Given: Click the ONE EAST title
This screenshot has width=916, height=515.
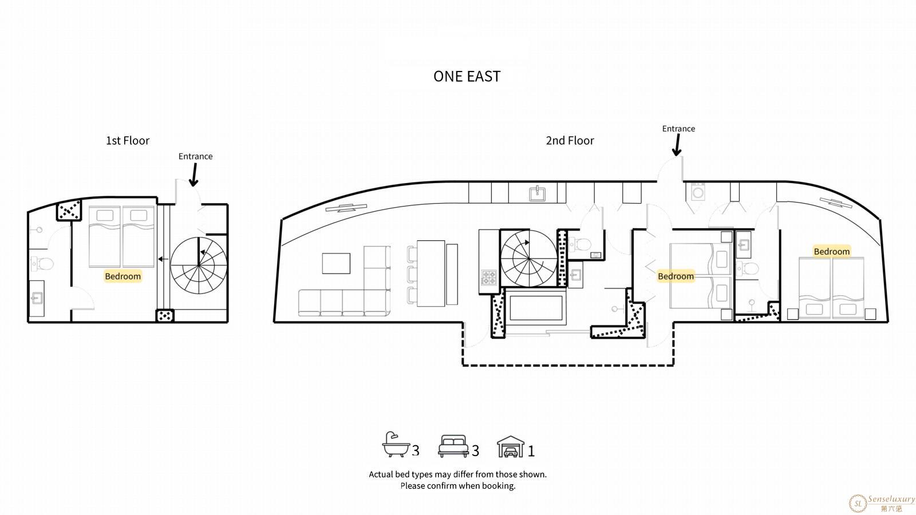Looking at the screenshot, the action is (467, 77).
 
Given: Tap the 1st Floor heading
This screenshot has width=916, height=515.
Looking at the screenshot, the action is (128, 141).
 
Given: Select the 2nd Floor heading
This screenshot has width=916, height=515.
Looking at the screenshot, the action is (570, 141).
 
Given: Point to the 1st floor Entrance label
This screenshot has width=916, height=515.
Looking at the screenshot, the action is (195, 156).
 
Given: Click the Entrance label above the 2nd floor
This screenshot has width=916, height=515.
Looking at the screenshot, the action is (678, 128).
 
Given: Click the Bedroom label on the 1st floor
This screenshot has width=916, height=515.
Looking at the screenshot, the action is (123, 276).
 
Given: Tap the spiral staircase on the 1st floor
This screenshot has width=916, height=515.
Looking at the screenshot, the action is (198, 266).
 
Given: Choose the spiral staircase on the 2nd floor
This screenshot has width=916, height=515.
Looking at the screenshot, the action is (528, 259).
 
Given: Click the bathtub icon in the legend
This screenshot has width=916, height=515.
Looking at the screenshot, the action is (396, 444).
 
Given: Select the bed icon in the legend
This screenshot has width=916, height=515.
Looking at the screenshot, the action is (453, 446).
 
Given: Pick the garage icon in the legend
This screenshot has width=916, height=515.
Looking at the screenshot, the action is (511, 446).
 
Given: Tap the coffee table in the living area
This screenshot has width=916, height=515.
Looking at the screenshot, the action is (336, 263).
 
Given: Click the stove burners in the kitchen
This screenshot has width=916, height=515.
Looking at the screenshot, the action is (489, 278).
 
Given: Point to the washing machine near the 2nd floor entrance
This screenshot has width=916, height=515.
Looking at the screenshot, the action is (698, 192).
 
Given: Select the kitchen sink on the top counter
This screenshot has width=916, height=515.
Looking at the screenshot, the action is (537, 193).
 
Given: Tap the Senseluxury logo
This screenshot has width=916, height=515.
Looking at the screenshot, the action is (882, 503).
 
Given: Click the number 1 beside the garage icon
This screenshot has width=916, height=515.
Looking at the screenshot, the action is (531, 451).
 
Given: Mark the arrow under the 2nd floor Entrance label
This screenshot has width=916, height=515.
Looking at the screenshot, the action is (677, 145).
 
